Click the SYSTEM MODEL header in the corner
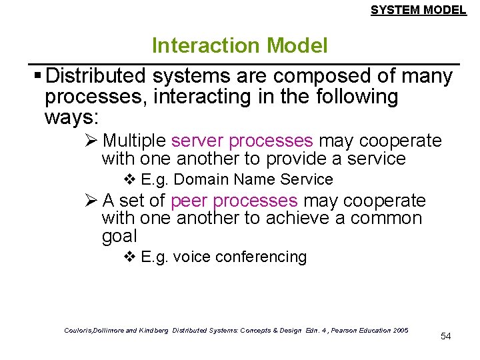418,10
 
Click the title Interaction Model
239,45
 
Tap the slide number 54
445,336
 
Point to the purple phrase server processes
242,141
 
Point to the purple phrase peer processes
234,201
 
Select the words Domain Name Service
253,179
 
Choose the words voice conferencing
239,257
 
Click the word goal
119,236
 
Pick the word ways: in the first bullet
71,118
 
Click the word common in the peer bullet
389,219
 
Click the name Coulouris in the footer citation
81,330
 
